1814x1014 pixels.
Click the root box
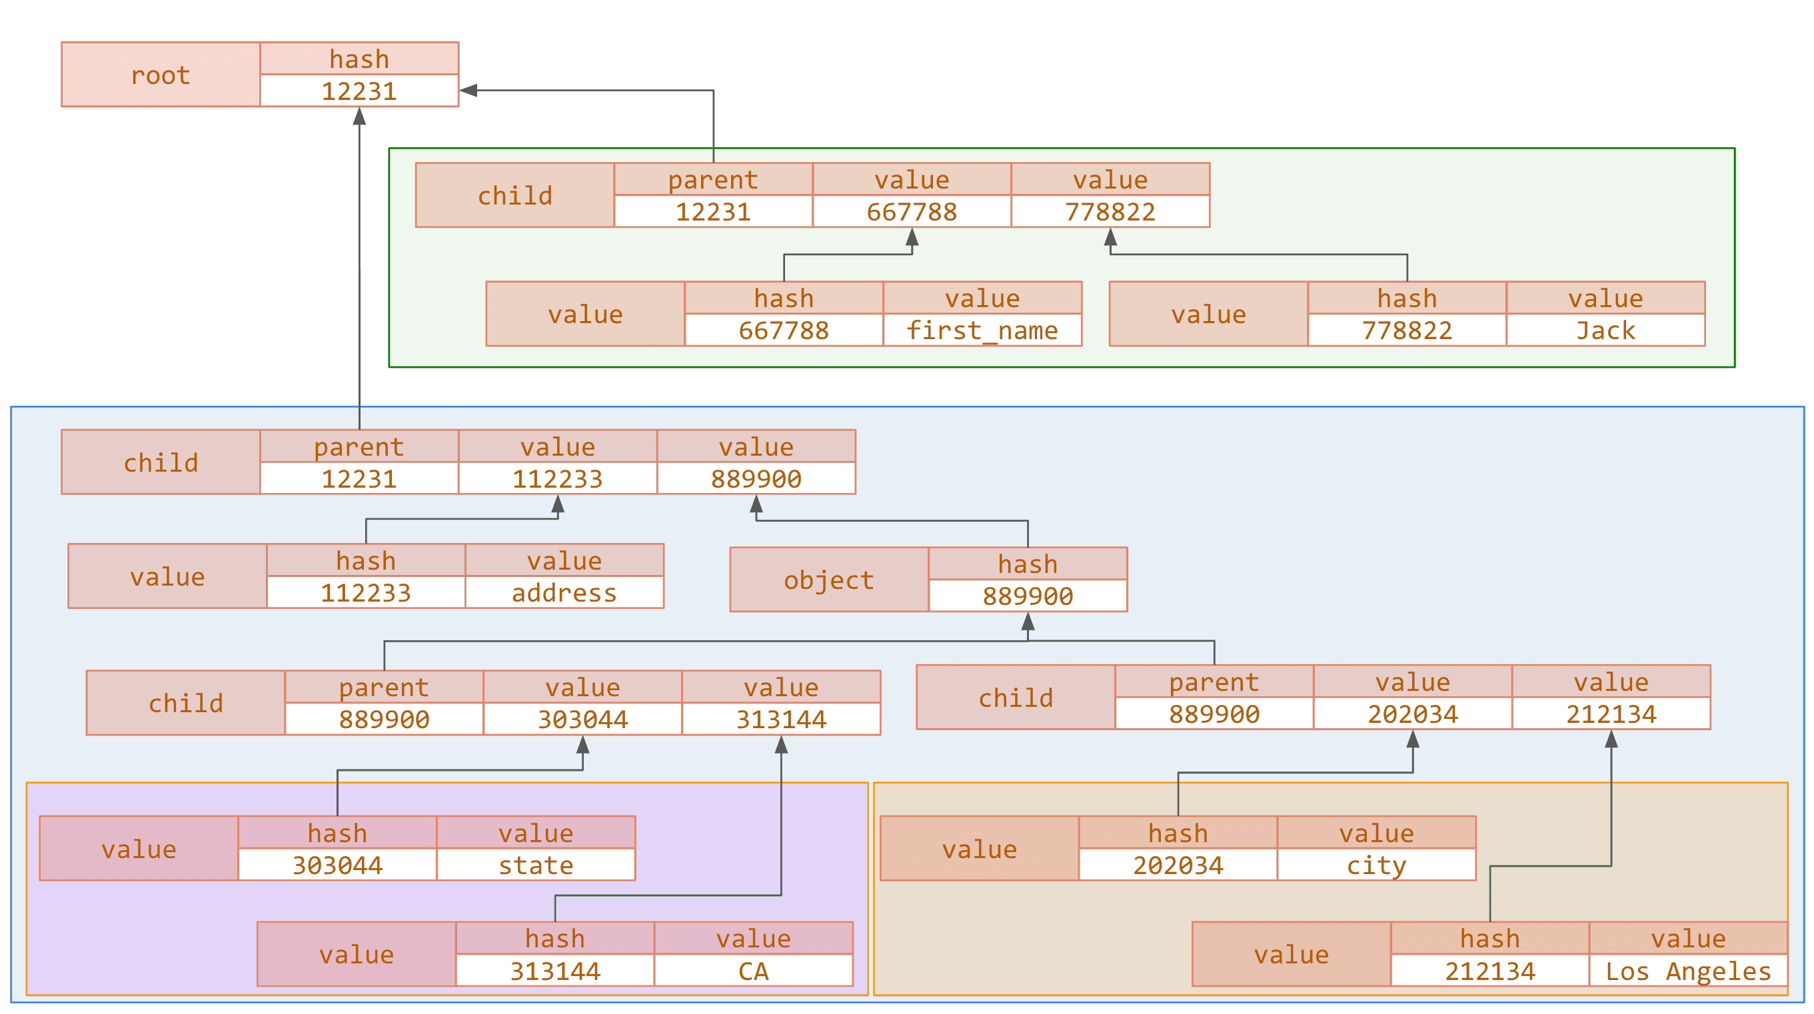pos(161,75)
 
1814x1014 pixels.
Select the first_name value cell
pos(982,330)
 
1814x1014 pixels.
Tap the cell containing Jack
pos(1605,330)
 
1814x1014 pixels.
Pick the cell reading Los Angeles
pos(1687,971)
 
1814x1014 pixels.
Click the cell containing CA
pos(753,971)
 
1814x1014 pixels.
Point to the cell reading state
pos(535,865)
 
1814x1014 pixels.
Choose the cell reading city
pos(1376,865)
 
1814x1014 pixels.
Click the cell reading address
pos(564,593)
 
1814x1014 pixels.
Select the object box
pos(829,580)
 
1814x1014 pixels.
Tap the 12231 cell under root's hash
pos(359,91)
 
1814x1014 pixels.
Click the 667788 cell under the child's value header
pos(911,211)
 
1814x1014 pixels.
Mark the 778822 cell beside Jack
pos(1406,330)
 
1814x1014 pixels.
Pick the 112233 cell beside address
pos(365,593)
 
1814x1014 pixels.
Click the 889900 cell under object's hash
pos(1028,596)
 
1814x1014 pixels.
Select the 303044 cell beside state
pos(337,865)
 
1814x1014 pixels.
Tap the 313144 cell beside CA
pos(555,971)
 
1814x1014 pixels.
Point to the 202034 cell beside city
pos(1178,865)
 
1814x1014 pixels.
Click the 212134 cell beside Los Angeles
pos(1489,971)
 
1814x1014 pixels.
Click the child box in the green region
pos(514,195)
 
